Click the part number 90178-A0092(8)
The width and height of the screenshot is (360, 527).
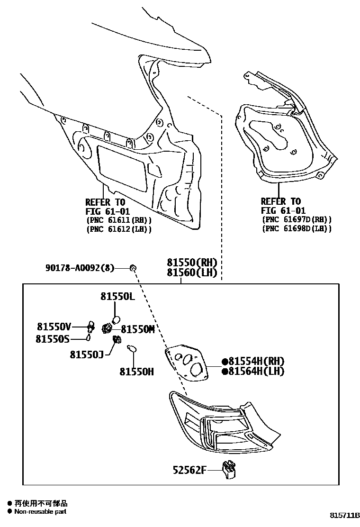tap(80, 268)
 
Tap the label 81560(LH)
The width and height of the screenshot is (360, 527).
tap(191, 273)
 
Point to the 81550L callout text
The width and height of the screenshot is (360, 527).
tap(117, 297)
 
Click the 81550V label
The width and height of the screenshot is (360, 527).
tap(54, 327)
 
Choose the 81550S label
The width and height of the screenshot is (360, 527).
tap(53, 339)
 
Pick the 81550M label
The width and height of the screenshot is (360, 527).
tap(138, 329)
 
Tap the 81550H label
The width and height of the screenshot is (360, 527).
tap(136, 372)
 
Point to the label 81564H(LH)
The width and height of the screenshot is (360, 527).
tap(256, 371)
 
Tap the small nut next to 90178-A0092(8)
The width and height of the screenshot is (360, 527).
tap(134, 269)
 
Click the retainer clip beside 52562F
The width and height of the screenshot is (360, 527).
tap(229, 468)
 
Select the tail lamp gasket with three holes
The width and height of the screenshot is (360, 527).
tap(189, 360)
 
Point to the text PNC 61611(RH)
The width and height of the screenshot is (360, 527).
tap(118, 220)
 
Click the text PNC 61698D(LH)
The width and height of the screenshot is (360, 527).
tap(296, 228)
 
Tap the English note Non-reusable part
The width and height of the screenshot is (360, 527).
tap(40, 511)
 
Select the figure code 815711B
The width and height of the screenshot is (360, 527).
tap(345, 515)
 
